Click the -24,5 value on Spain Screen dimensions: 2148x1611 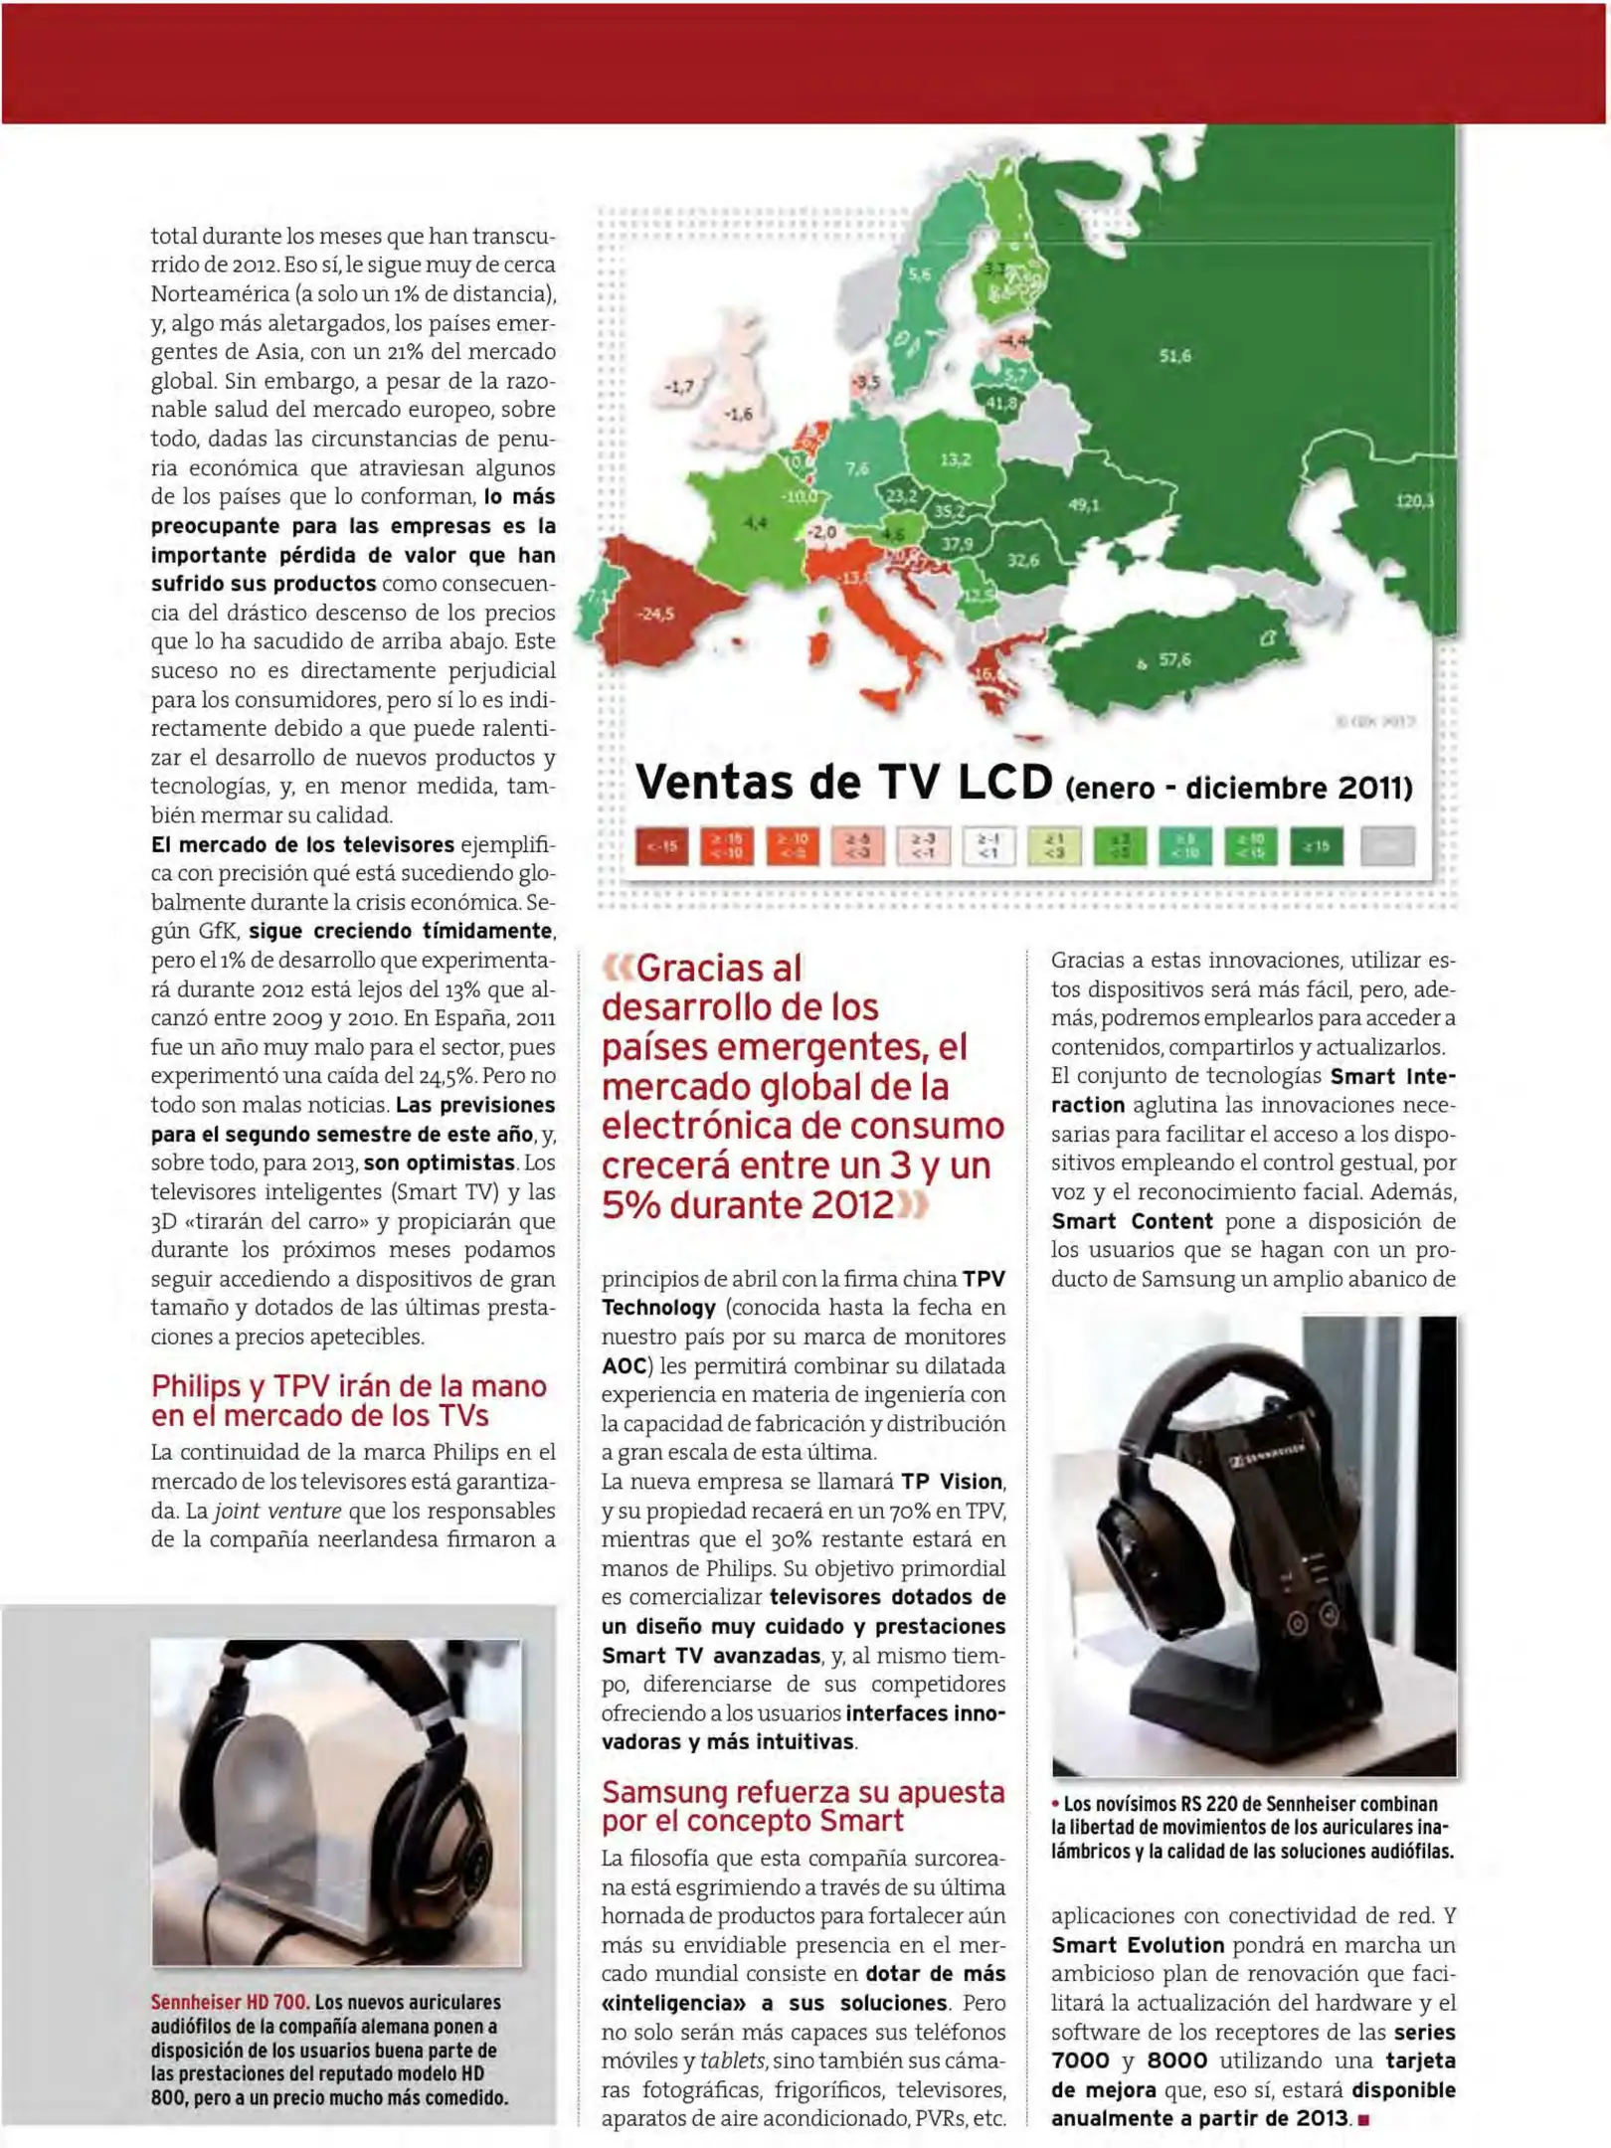[654, 614]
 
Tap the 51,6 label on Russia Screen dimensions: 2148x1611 [1174, 355]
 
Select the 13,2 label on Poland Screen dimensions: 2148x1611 [955, 459]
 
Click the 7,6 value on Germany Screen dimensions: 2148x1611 [856, 468]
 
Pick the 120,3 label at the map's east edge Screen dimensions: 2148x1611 [1413, 501]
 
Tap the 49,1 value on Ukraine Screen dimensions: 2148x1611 [1083, 505]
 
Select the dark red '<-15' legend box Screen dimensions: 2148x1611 [661, 846]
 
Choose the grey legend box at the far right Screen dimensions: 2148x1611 [1386, 846]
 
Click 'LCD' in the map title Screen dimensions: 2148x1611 [1004, 783]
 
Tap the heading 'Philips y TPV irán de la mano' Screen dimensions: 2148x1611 [349, 1385]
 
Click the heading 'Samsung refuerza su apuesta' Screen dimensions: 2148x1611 [803, 1791]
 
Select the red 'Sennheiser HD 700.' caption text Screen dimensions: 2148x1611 [229, 2002]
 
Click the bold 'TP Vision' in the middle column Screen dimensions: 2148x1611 [952, 1481]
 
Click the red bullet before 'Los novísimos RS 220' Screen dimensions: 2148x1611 [1055, 1803]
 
